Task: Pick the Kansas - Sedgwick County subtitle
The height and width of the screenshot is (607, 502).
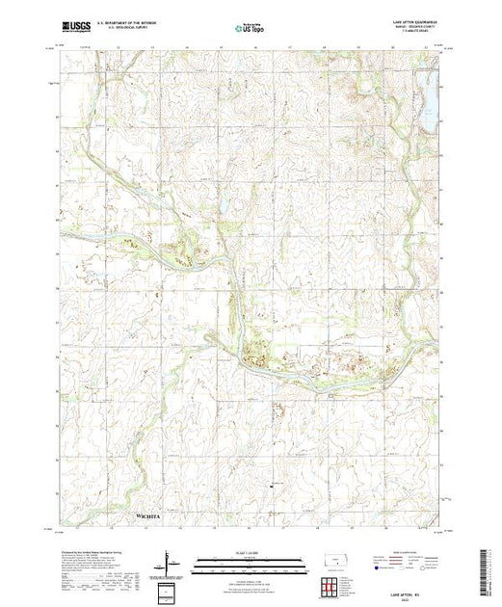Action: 416,29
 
